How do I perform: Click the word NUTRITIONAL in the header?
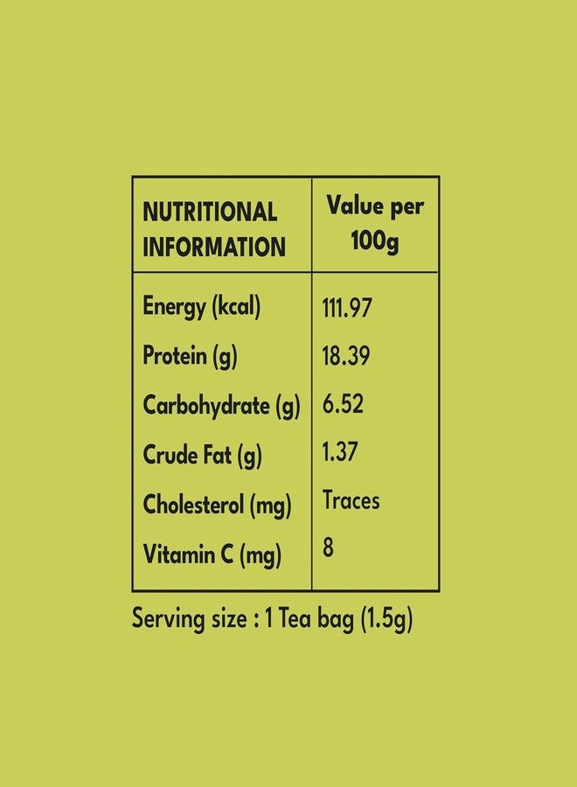pyautogui.click(x=210, y=212)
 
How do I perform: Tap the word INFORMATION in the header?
pyautogui.click(x=214, y=247)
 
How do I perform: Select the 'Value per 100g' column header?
pyautogui.click(x=375, y=224)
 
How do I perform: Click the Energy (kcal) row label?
pyautogui.click(x=202, y=307)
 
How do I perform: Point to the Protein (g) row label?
pyautogui.click(x=191, y=356)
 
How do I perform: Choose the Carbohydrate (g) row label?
pyautogui.click(x=222, y=406)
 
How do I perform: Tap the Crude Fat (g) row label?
pyautogui.click(x=202, y=456)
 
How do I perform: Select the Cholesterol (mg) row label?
pyautogui.click(x=218, y=505)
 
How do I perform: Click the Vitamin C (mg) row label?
pyautogui.click(x=212, y=554)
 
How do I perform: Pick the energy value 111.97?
pyautogui.click(x=347, y=308)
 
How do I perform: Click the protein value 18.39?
pyautogui.click(x=346, y=356)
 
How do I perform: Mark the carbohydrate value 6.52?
pyautogui.click(x=343, y=404)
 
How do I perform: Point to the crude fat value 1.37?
pyautogui.click(x=340, y=452)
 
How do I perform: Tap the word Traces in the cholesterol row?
pyautogui.click(x=351, y=500)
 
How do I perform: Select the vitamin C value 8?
pyautogui.click(x=328, y=547)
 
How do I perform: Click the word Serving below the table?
pyautogui.click(x=169, y=619)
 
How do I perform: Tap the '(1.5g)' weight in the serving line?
pyautogui.click(x=386, y=619)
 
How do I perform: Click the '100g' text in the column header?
pyautogui.click(x=375, y=242)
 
